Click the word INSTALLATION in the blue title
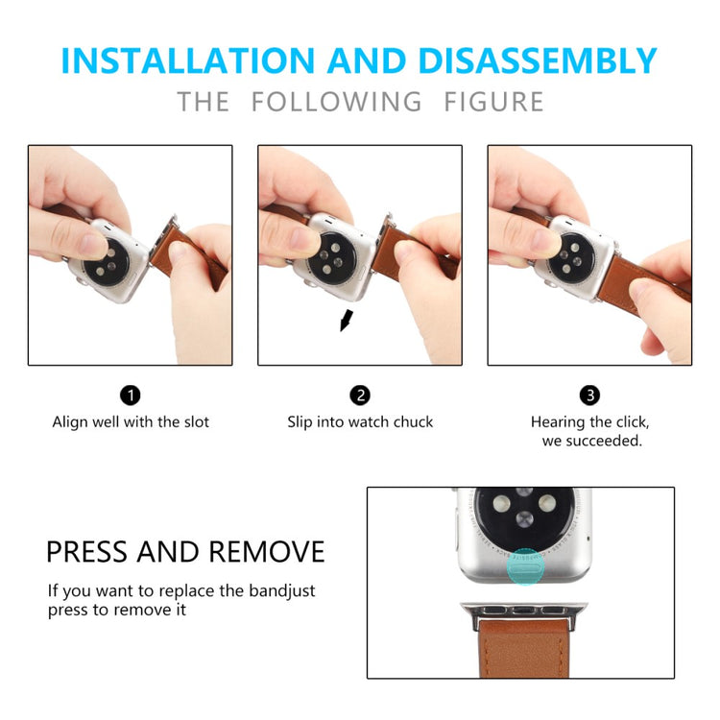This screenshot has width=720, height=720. click(x=188, y=60)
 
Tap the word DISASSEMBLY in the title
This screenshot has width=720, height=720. click(x=538, y=60)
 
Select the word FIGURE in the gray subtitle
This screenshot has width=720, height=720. click(x=494, y=102)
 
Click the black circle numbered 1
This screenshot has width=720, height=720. click(x=131, y=396)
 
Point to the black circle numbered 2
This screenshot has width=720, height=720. click(x=360, y=396)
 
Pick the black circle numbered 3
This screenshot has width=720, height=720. click(x=590, y=396)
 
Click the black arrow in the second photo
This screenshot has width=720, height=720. click(x=347, y=320)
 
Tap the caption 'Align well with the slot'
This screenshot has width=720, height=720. click(x=131, y=422)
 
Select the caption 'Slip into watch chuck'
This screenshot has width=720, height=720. click(x=360, y=422)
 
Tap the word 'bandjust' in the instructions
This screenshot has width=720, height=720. click(x=282, y=591)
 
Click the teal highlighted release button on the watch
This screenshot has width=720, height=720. click(x=526, y=566)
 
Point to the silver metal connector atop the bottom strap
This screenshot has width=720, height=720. click(x=524, y=614)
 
